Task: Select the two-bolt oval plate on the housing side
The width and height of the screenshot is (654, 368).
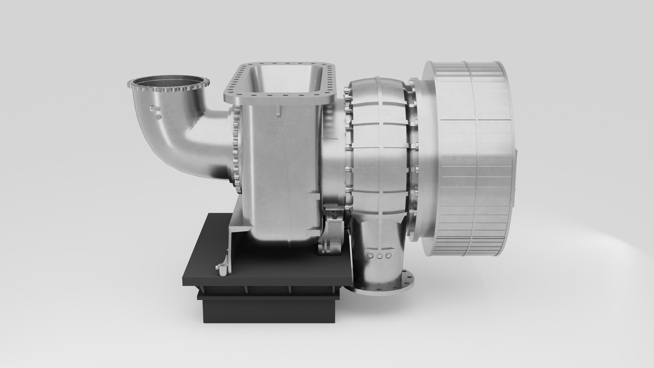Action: point(282,128)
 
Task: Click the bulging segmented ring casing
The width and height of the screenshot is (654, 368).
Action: point(378,143)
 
